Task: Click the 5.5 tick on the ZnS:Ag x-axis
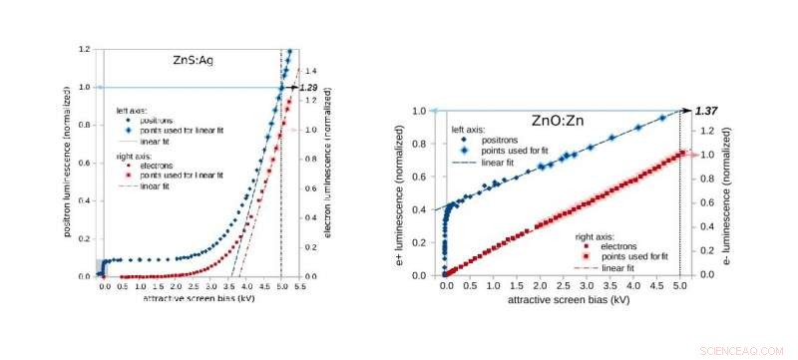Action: pos(298,285)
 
